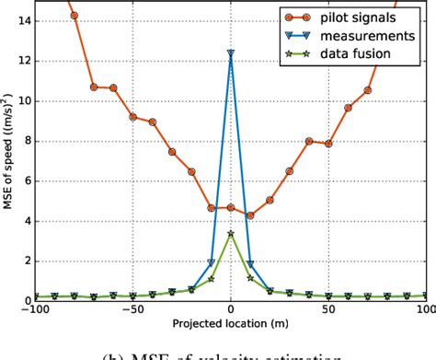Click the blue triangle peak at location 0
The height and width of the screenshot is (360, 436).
231,53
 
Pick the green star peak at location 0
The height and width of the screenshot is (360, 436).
231,234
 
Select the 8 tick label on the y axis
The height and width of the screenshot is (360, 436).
25,141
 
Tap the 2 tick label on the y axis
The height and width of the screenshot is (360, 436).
25,261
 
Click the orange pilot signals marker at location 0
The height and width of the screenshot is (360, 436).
231,208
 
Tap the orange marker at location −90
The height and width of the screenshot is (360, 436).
74,16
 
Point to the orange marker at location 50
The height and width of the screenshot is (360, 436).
328,144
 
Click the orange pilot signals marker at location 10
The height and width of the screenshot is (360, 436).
250,215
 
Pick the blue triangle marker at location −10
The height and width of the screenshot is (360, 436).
212,262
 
